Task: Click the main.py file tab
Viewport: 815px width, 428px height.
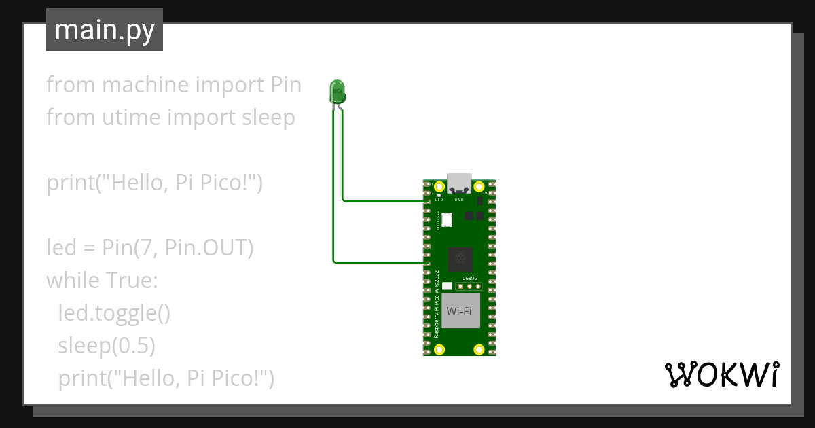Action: click(x=104, y=30)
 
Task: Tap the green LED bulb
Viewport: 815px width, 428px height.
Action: click(x=337, y=90)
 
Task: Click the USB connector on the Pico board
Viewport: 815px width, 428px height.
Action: click(x=459, y=182)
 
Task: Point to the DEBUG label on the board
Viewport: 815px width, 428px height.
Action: click(x=469, y=279)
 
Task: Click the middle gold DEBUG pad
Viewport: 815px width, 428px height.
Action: click(x=469, y=286)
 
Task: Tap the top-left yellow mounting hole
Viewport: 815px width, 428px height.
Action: click(x=439, y=187)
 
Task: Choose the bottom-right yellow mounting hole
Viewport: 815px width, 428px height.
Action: click(x=479, y=350)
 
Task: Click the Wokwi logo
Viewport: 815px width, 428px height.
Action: click(x=721, y=374)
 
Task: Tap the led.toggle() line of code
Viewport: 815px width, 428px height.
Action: click(x=113, y=313)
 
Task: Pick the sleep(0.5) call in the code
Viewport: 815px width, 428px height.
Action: click(x=107, y=346)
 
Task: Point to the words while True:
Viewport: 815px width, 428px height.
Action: click(x=102, y=281)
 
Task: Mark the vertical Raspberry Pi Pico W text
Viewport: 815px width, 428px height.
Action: click(x=437, y=304)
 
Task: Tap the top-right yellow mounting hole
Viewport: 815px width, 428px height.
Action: click(x=479, y=187)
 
